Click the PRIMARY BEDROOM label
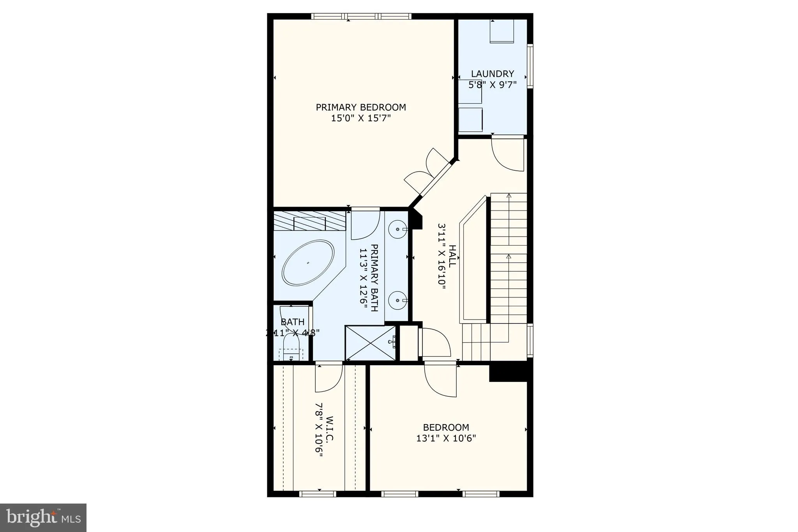pyautogui.click(x=361, y=107)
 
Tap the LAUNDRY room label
pyautogui.click(x=493, y=74)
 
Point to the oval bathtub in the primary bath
pyautogui.click(x=308, y=262)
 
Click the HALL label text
pyautogui.click(x=452, y=256)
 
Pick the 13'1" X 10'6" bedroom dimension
pyautogui.click(x=446, y=438)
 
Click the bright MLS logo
pyautogui.click(x=43, y=518)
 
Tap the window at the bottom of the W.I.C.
pyautogui.click(x=318, y=494)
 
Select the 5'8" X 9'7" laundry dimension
pyautogui.click(x=493, y=85)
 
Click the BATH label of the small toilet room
pyautogui.click(x=293, y=322)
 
